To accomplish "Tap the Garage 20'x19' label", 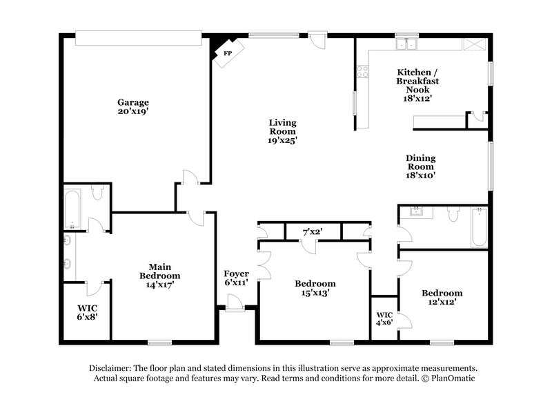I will [x=132, y=106].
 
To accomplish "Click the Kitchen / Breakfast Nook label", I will [x=417, y=85].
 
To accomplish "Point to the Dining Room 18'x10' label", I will [x=420, y=166].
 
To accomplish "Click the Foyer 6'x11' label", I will [x=236, y=278].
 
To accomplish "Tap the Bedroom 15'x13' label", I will [x=315, y=288].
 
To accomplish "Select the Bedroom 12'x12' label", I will [x=442, y=297].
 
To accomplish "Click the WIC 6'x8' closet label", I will [x=86, y=312].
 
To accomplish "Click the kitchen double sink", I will [x=407, y=45].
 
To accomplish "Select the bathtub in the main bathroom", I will [x=73, y=209].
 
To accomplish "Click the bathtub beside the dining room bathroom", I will [x=478, y=227].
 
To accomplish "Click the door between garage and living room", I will [x=191, y=178].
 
